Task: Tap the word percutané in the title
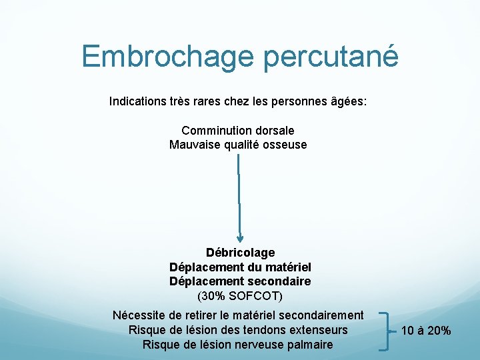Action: [331, 57]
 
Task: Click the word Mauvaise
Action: [194, 145]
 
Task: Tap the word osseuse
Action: [284, 145]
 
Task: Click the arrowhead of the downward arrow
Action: [240, 237]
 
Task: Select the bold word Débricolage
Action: [240, 253]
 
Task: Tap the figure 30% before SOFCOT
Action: [213, 295]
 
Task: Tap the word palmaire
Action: [309, 345]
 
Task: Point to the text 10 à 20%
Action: [426, 331]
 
